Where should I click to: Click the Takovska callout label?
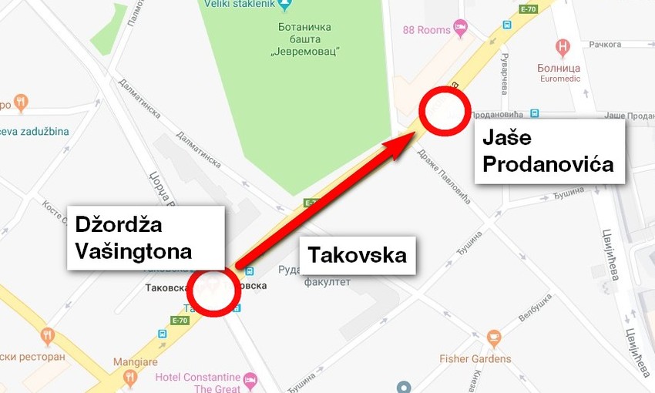point(357,254)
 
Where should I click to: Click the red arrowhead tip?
point(416,135)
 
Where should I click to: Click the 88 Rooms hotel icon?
point(461,29)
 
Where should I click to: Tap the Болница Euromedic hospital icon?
point(563,46)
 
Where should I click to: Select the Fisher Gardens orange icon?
point(493,338)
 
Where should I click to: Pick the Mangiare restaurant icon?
point(129,377)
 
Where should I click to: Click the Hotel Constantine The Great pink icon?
point(250,380)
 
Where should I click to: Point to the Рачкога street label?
point(605,45)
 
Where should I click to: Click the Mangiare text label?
point(135,361)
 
